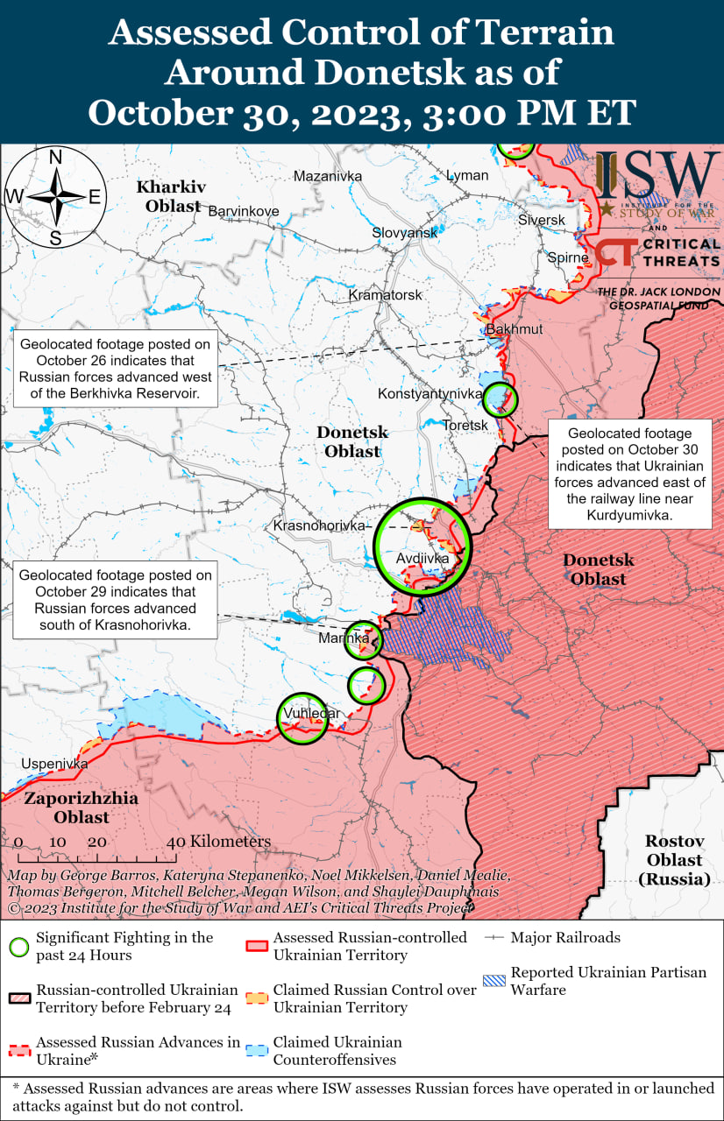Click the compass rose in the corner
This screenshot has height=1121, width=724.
coord(54,198)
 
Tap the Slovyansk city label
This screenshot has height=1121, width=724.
coord(404,233)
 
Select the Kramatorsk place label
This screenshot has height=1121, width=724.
coord(385,295)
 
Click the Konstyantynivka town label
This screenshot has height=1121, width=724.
coord(430,394)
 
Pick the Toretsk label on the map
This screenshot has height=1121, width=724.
coord(465,425)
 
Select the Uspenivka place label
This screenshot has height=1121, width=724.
coord(54,764)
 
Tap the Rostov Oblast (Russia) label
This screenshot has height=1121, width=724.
coord(674,859)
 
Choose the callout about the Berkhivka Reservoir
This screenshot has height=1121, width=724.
coord(116,368)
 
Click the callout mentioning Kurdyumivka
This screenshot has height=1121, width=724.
coord(628,474)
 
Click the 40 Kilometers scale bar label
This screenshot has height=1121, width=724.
coord(219,842)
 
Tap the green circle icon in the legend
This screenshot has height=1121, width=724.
coord(19,946)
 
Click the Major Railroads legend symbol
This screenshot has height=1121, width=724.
coord(495,938)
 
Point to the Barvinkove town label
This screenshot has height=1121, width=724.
coord(243,211)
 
